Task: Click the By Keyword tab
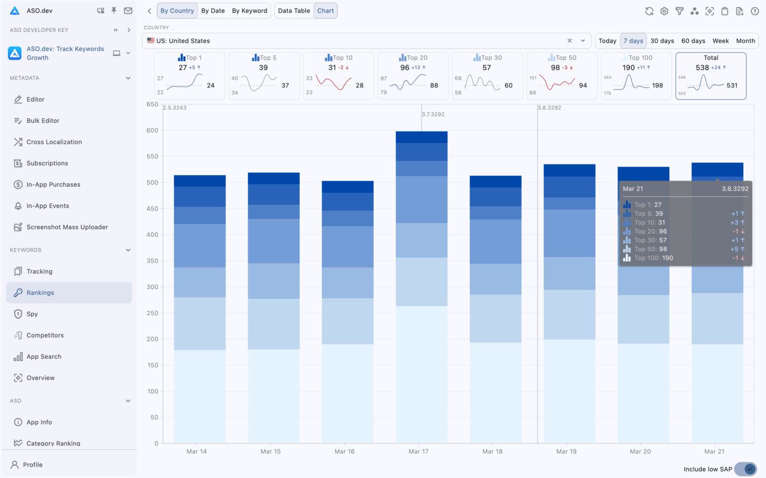(249, 11)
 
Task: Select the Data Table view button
(294, 11)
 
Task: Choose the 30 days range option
(662, 41)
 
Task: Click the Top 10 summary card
(338, 76)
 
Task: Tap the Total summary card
(711, 76)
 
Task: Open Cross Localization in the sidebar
(54, 142)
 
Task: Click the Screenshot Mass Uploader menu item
(67, 227)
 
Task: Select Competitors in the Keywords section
(45, 335)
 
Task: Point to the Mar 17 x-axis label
(418, 451)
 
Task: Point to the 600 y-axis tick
(152, 130)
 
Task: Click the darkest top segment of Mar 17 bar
(421, 137)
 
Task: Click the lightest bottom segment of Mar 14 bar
(199, 396)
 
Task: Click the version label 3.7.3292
(433, 114)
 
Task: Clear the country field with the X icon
(570, 41)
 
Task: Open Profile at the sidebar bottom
(32, 465)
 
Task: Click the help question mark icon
(754, 11)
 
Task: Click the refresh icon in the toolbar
(649, 11)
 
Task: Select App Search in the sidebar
(44, 357)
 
